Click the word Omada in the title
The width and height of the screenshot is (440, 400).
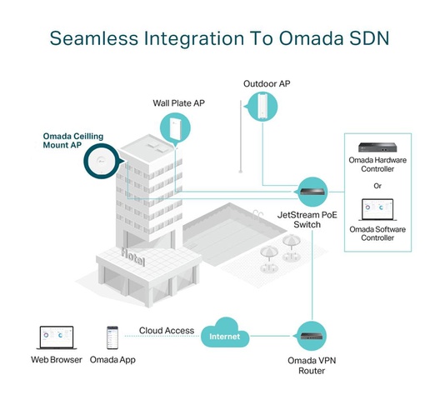click(x=311, y=38)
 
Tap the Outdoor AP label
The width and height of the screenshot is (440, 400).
click(x=267, y=83)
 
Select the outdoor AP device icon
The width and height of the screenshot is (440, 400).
click(x=262, y=107)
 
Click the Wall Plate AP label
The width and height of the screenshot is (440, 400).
click(x=178, y=103)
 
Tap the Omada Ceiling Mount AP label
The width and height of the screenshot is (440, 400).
click(x=73, y=141)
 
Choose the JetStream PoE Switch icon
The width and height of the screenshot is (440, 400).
click(x=312, y=192)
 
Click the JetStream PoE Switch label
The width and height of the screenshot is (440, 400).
click(x=307, y=220)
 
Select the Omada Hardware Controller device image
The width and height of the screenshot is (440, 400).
click(x=377, y=147)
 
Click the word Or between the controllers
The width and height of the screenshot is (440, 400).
click(x=377, y=186)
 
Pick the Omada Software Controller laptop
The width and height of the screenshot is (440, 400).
click(x=377, y=210)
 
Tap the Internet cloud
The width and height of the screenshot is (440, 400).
click(x=225, y=333)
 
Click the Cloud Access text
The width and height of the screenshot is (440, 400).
click(x=167, y=330)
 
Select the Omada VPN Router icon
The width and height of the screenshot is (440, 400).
click(x=312, y=336)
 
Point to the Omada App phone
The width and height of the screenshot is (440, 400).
click(x=112, y=337)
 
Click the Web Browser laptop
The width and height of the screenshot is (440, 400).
click(x=57, y=337)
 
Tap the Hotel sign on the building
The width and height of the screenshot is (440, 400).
click(x=133, y=257)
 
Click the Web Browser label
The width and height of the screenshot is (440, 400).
click(x=57, y=359)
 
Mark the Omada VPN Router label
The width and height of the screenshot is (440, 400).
click(x=312, y=366)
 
